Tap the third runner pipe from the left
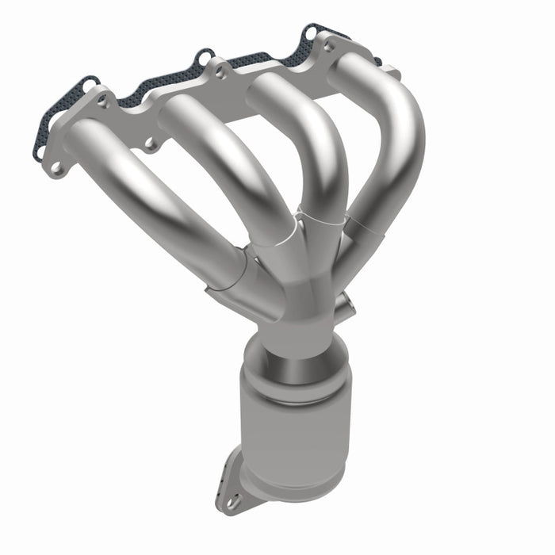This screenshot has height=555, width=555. click(x=313, y=151)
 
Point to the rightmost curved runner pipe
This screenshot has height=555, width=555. click(x=400, y=151)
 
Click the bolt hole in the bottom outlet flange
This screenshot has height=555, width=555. click(x=232, y=501)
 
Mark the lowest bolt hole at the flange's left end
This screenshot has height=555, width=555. click(x=55, y=168)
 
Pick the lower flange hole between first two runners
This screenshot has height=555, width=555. click(x=148, y=144)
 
